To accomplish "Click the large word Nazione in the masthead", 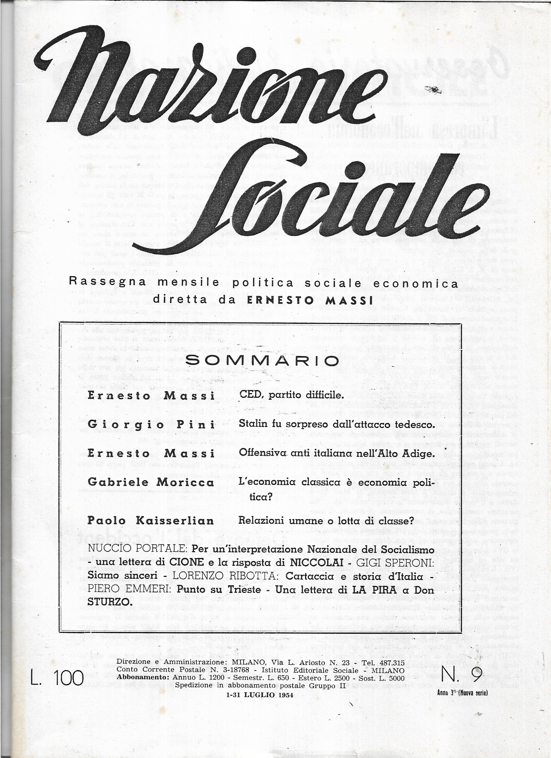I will tap(207, 84).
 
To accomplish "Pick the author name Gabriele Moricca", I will tap(151, 482).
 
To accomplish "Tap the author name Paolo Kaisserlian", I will tap(151, 521).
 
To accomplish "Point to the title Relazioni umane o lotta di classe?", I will tap(326, 520).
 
